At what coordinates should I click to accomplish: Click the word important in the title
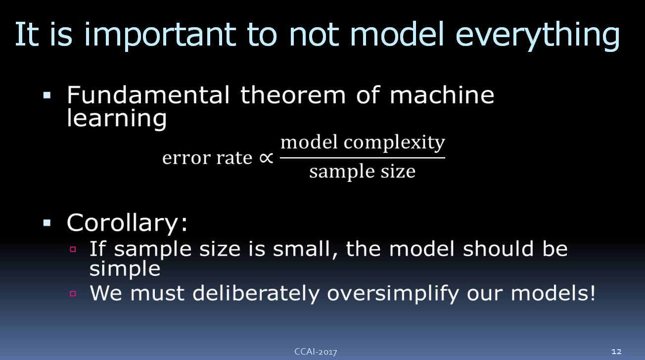pos(160,35)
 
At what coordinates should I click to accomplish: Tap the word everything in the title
pos(538,35)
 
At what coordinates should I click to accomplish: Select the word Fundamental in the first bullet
pos(148,94)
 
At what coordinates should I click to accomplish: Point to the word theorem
pos(293,94)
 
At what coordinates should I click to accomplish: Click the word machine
pos(442,94)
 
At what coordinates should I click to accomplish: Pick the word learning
pos(117,118)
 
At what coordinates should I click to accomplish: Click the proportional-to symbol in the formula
pos(266,158)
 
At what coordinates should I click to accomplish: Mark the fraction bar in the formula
pos(363,158)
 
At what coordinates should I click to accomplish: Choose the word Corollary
pos(127,223)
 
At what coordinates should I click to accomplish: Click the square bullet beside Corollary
pos(47,223)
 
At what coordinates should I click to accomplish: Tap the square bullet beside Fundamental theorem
pos(47,95)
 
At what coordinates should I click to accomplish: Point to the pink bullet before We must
pos(73,294)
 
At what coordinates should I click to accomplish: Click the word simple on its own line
pos(125,269)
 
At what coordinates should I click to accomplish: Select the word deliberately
pos(256,294)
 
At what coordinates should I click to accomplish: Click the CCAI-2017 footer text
pos(316,352)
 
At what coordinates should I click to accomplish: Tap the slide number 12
pos(616,352)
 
